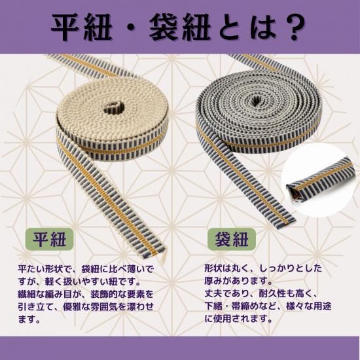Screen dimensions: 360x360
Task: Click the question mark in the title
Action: click(295, 27)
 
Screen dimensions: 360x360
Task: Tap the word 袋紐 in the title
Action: click(180, 27)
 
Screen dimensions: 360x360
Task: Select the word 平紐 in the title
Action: click(82, 27)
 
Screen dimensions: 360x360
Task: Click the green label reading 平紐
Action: click(49, 239)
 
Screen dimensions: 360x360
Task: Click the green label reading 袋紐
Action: click(232, 239)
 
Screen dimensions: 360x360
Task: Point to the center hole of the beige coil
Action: click(114, 108)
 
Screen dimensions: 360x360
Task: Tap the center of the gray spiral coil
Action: click(255, 100)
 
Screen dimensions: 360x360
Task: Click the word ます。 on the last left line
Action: click(29, 319)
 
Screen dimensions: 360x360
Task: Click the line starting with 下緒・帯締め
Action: click(268, 306)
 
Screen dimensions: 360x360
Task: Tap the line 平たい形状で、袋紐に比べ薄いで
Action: click(85, 269)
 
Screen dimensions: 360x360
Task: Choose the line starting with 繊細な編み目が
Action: click(85, 294)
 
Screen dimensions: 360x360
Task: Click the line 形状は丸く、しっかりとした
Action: click(263, 268)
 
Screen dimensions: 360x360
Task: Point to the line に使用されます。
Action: click(239, 319)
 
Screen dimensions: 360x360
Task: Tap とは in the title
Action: click(247, 27)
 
